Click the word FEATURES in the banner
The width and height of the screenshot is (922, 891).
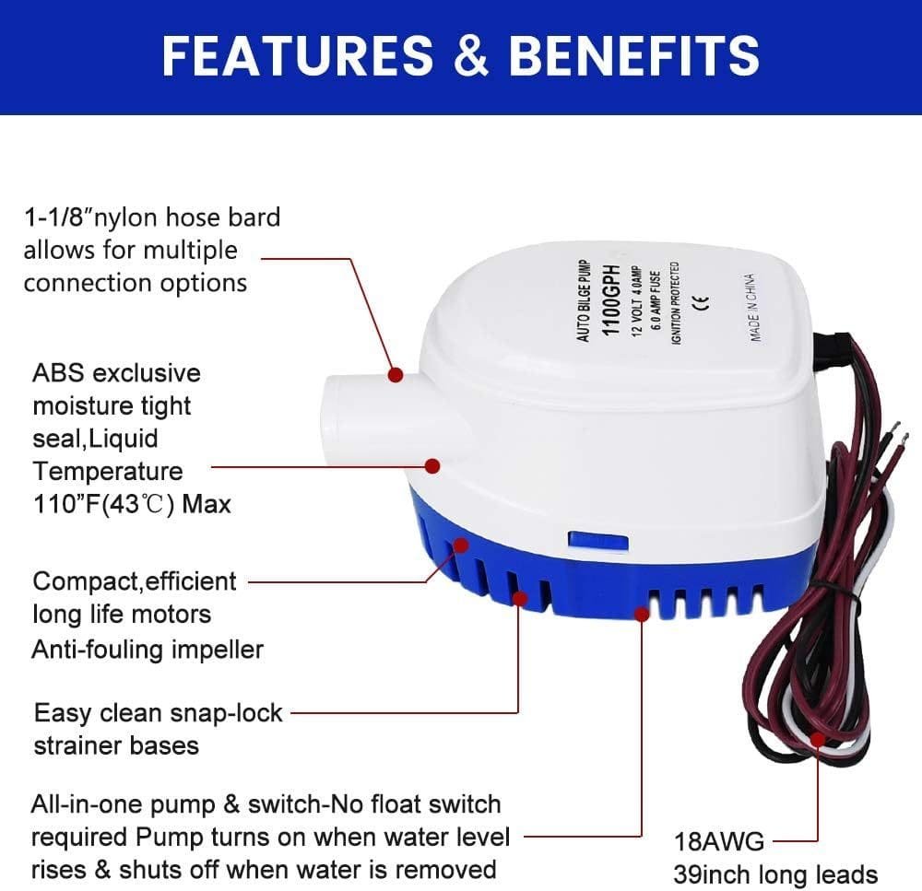click(298, 55)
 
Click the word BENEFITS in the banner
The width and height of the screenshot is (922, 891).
click(634, 55)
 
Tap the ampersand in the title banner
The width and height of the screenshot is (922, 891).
click(471, 55)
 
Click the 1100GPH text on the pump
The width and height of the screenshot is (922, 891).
click(612, 299)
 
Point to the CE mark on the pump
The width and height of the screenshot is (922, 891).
click(701, 301)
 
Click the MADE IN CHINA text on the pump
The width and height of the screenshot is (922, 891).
click(752, 308)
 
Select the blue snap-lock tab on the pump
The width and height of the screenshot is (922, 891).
click(598, 542)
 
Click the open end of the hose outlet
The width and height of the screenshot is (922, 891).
click(337, 412)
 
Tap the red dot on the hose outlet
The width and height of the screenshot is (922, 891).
click(396, 374)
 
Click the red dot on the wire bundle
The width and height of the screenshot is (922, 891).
click(817, 739)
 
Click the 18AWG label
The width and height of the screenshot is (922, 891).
click(719, 841)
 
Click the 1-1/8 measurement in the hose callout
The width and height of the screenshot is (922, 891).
click(57, 217)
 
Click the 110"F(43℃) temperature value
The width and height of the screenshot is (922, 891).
click(103, 504)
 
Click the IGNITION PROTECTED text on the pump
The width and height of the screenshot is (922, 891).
click(675, 303)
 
